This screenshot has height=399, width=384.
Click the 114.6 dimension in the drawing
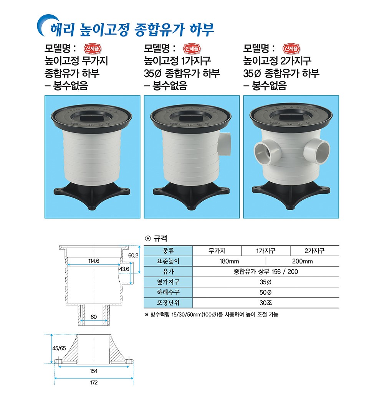(94, 261)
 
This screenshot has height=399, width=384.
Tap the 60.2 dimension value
(133, 256)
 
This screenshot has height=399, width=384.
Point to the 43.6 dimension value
(124, 269)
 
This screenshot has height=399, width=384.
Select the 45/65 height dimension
(59, 348)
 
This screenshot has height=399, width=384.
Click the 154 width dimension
(94, 371)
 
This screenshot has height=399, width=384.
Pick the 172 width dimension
(94, 383)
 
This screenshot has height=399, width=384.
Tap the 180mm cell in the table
(229, 261)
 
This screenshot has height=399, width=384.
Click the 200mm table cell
(302, 261)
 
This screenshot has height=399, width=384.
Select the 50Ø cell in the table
(266, 293)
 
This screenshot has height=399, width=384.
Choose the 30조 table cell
(266, 303)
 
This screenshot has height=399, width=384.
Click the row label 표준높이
(168, 261)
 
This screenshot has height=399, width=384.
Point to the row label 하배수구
(168, 292)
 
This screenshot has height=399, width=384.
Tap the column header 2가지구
(314, 251)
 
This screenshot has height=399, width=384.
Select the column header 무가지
(217, 251)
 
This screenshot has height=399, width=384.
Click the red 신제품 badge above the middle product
(192, 48)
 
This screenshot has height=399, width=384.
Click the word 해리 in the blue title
(62, 29)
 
